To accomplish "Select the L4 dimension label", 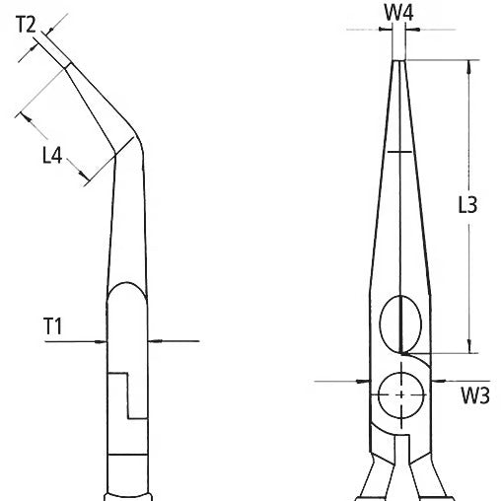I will point(55,154).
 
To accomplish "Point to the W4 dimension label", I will point(399,14).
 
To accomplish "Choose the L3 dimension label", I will point(468,206).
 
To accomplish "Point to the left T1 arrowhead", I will point(103,340).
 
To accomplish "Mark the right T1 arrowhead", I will point(152,340).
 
